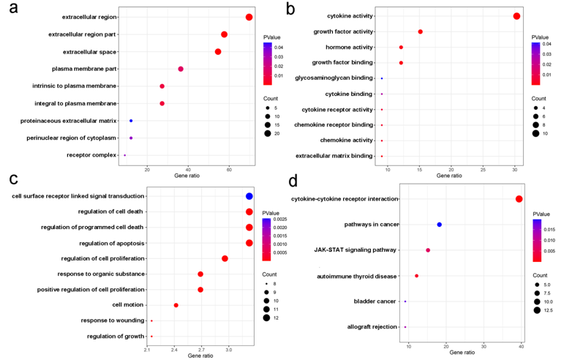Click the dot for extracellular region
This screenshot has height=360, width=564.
pyautogui.click(x=249, y=18)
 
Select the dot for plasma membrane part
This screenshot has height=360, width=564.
pyautogui.click(x=181, y=69)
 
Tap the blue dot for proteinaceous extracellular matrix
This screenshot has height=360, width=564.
pyautogui.click(x=131, y=121)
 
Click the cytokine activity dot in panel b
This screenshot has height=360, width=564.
pyautogui.click(x=516, y=16)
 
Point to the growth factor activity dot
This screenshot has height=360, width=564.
pyautogui.click(x=421, y=31)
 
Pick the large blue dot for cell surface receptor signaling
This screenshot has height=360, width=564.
pyautogui.click(x=249, y=196)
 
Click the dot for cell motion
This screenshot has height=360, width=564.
pyautogui.click(x=176, y=305)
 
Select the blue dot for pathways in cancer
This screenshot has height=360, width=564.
pyautogui.click(x=440, y=225)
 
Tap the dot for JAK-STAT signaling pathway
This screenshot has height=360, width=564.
pyautogui.click(x=428, y=250)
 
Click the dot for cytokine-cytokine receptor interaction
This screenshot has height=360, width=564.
pyautogui.click(x=519, y=199)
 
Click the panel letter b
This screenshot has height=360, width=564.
pyautogui.click(x=290, y=10)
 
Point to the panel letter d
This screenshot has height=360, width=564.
pyautogui.click(x=293, y=180)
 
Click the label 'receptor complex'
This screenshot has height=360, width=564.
pyautogui.click(x=91, y=155)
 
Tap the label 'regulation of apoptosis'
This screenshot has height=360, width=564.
pyautogui.click(x=112, y=243)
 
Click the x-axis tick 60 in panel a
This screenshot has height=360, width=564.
pyautogui.click(x=229, y=170)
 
